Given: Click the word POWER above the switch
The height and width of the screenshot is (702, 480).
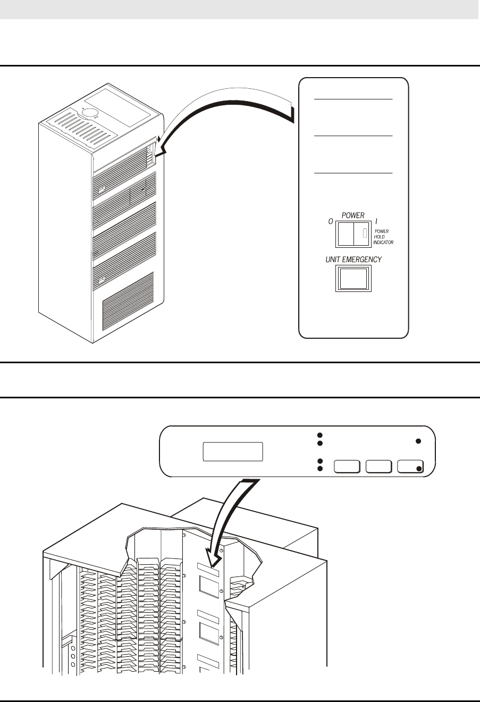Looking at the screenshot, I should pyautogui.click(x=353, y=215).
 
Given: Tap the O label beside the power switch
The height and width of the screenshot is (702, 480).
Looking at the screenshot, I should pyautogui.click(x=331, y=221).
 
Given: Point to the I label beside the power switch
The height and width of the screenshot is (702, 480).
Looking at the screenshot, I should pyautogui.click(x=376, y=221).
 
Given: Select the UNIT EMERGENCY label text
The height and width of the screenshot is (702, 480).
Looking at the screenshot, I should pyautogui.click(x=353, y=260).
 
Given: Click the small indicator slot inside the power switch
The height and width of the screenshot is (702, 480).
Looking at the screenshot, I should pyautogui.click(x=364, y=233).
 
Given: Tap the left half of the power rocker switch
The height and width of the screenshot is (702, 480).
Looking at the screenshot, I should pyautogui.click(x=345, y=234).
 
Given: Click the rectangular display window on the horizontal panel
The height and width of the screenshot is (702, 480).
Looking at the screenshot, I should pyautogui.click(x=233, y=452).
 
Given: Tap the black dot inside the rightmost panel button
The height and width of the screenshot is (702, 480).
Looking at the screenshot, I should pyautogui.click(x=419, y=469).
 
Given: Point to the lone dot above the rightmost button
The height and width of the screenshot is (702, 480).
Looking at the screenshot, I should pyautogui.click(x=418, y=441).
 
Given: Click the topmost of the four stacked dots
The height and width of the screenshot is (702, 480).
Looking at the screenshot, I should pyautogui.click(x=320, y=434).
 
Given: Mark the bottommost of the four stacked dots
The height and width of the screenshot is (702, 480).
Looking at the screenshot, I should pyautogui.click(x=320, y=469).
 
